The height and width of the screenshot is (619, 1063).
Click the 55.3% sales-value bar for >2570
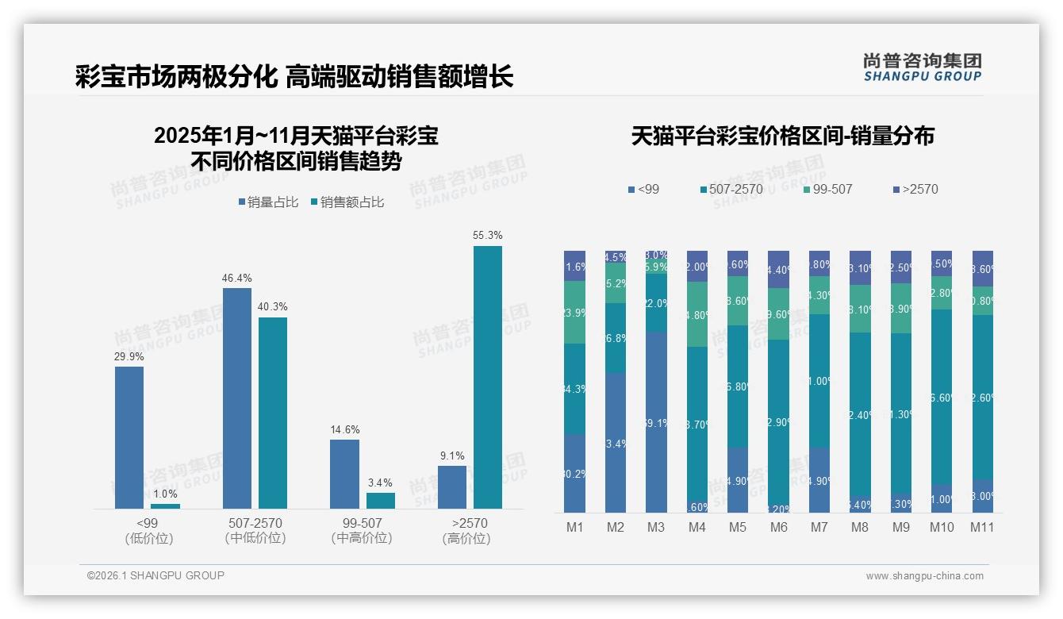pyautogui.click(x=488, y=377)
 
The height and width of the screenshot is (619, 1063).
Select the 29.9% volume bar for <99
pyautogui.click(x=129, y=437)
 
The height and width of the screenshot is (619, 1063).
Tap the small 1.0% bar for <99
pyautogui.click(x=165, y=506)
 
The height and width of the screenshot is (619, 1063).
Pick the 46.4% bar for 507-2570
pyautogui.click(x=237, y=398)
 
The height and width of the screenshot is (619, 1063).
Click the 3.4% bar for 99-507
pyautogui.click(x=381, y=500)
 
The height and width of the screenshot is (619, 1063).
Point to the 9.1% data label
pyautogui.click(x=451, y=456)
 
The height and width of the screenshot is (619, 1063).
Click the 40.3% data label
pyautogui.click(x=273, y=307)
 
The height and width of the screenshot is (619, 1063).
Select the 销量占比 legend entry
pyautogui.click(x=267, y=202)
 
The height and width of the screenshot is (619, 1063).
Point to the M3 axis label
pyautogui.click(x=656, y=528)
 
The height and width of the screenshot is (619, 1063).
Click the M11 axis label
pyautogui.click(x=982, y=528)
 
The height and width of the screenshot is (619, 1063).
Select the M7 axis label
pyautogui.click(x=819, y=528)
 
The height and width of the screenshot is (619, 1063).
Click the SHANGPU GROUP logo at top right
pyautogui.click(x=922, y=67)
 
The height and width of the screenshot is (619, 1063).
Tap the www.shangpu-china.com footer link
pyautogui.click(x=924, y=575)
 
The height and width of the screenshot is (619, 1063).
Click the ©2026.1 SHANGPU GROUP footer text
pyautogui.click(x=155, y=575)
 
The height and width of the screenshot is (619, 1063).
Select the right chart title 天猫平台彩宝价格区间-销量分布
pyautogui.click(x=782, y=136)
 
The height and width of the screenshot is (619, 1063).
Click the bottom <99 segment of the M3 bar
pyautogui.click(x=656, y=422)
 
